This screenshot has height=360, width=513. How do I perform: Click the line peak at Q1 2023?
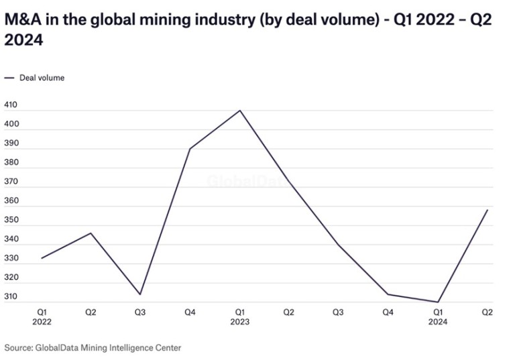pyautogui.click(x=240, y=110)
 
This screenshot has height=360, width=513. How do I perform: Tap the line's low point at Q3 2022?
pyautogui.click(x=140, y=294)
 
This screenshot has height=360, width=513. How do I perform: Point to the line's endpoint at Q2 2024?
pyautogui.click(x=488, y=210)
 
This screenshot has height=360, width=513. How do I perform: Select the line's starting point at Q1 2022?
pyautogui.click(x=42, y=258)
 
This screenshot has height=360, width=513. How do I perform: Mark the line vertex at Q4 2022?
pyautogui.click(x=190, y=148)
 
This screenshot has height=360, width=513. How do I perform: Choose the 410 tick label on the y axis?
pyautogui.click(x=11, y=105)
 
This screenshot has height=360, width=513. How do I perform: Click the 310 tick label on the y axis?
pyautogui.click(x=11, y=297)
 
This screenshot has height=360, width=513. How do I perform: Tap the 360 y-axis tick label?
pyautogui.click(x=11, y=201)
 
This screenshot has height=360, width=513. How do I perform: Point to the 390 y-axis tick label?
pyautogui.click(x=11, y=143)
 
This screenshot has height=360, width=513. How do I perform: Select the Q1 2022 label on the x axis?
pyautogui.click(x=42, y=316)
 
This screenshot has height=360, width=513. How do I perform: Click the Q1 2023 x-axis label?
pyautogui.click(x=239, y=316)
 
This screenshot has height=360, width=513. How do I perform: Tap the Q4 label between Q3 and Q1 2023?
pyautogui.click(x=190, y=312)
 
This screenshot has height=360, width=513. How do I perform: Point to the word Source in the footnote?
pyautogui.click(x=18, y=347)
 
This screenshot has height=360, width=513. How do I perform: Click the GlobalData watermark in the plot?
pyautogui.click(x=248, y=181)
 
